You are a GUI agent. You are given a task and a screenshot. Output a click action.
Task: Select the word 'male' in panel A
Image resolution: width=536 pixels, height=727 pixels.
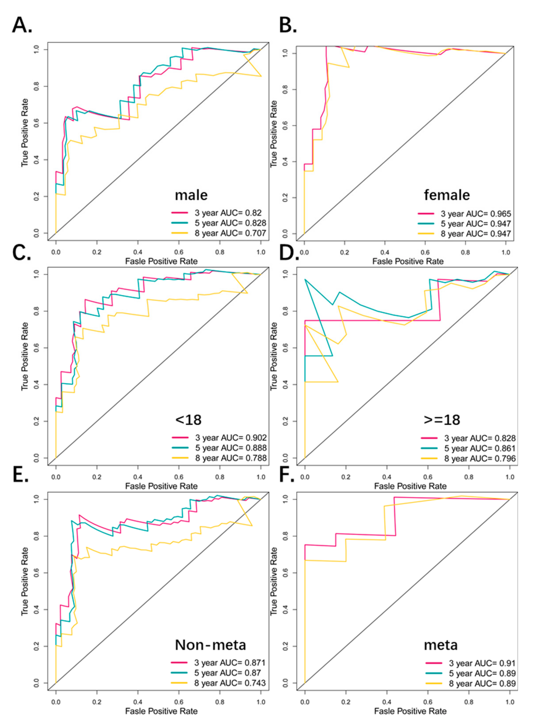coord(191,195)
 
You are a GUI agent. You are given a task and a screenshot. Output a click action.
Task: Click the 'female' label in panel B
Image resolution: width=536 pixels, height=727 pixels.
coord(447,195)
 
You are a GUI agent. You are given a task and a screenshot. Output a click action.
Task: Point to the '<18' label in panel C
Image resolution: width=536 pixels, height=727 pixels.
coord(188,419)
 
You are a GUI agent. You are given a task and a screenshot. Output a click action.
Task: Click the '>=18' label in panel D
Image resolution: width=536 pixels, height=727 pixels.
coord(442,419)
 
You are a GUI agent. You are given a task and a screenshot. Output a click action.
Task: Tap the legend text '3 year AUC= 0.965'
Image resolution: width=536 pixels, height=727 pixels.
coord(476,214)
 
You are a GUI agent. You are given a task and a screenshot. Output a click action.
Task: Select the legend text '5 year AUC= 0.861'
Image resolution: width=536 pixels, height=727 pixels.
coord(480,448)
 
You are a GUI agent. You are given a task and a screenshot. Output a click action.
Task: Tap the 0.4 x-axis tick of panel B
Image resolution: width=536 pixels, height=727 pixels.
coord(385,252)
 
